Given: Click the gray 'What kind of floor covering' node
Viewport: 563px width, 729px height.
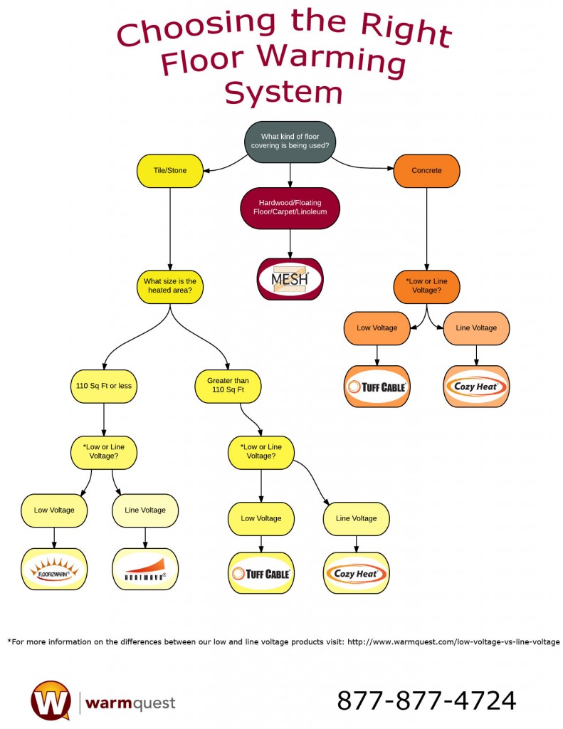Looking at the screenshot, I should click(290, 142).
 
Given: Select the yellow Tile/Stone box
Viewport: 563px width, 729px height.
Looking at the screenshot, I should click(169, 171).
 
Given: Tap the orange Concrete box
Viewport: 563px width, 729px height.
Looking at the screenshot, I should click(426, 171).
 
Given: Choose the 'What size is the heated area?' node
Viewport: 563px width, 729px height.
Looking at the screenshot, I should click(169, 286).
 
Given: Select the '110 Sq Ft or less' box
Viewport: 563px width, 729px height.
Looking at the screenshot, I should click(105, 386).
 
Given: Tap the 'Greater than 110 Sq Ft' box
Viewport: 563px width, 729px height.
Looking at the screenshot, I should click(228, 386).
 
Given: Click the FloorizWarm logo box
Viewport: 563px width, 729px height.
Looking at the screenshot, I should click(55, 569).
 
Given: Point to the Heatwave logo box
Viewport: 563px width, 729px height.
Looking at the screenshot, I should click(145, 569).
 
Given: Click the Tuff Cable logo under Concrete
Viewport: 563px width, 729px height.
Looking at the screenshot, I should click(377, 387).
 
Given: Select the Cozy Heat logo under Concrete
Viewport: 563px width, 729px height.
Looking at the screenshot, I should click(476, 387).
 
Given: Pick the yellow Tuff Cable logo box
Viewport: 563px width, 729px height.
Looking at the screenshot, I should click(261, 573).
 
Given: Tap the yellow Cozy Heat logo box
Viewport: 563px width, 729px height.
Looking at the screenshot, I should click(357, 573).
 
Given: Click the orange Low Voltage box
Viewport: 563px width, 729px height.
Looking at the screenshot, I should click(377, 328).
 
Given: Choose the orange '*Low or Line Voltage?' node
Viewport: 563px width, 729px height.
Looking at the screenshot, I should click(426, 286).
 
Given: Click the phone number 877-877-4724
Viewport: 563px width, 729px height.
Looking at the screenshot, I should click(426, 701).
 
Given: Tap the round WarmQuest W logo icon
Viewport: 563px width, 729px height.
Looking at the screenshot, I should click(51, 701).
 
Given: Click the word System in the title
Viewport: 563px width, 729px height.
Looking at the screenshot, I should click(284, 93).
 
